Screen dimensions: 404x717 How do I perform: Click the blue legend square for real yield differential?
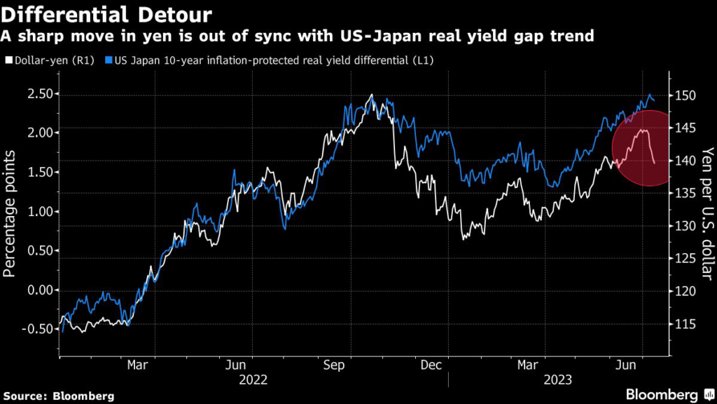[109, 61]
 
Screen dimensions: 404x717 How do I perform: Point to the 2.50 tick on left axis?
[40, 94]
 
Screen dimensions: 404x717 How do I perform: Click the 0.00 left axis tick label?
[40, 290]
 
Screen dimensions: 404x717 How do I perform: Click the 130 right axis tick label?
[685, 226]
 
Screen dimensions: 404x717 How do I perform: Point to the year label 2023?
[557, 379]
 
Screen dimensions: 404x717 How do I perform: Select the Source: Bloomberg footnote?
[59, 395]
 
